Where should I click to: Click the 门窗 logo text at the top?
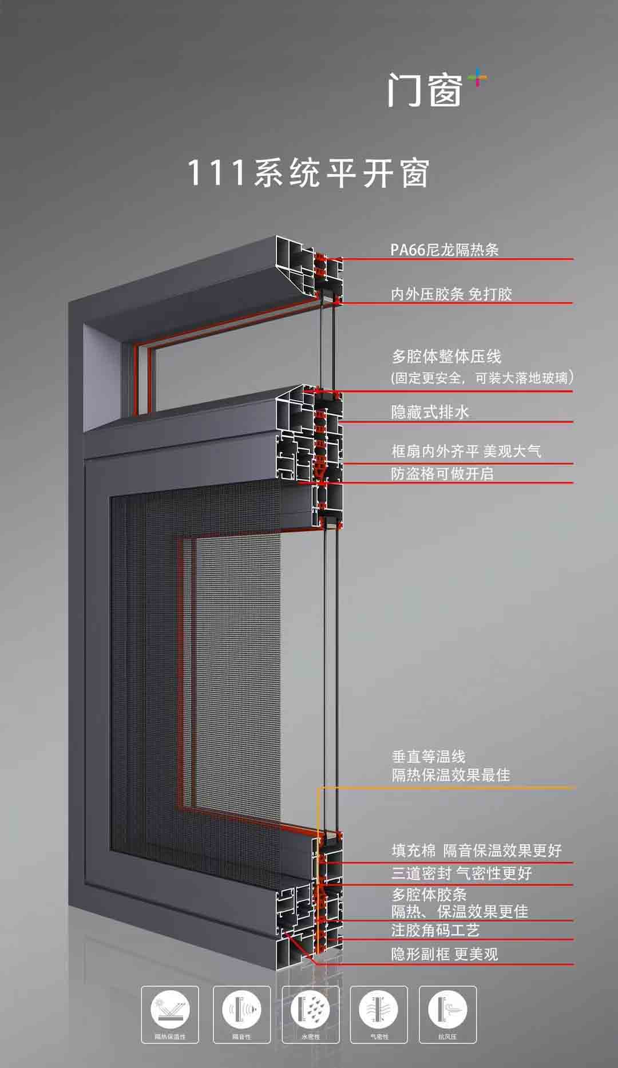tap(425, 90)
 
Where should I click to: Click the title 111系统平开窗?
tap(309, 173)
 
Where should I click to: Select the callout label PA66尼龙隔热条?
tap(445, 250)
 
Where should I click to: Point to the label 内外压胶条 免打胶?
tap(451, 294)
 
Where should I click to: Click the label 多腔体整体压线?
tap(446, 357)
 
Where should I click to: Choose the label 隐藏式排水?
tap(430, 412)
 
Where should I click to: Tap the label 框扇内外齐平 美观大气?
tap(466, 452)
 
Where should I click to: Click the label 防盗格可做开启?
tap(442, 474)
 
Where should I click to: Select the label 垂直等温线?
tap(429, 757)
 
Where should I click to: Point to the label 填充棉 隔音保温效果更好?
tap(477, 851)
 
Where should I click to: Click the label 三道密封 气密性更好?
tap(461, 873)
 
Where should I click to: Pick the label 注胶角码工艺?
tap(435, 931)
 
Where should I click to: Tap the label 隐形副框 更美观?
tap(445, 954)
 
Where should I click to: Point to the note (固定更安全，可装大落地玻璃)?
tap(482, 378)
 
